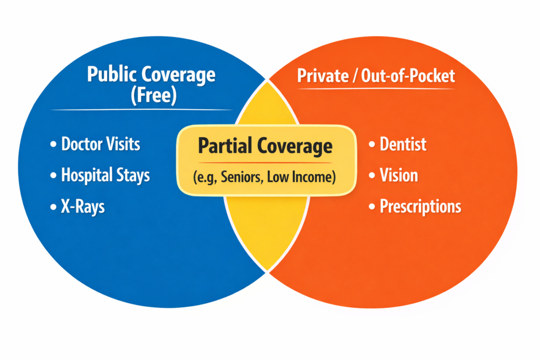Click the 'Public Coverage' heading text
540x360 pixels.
pyautogui.click(x=151, y=75)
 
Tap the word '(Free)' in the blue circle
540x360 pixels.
pyautogui.click(x=151, y=96)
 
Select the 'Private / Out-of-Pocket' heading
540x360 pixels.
pyautogui.click(x=376, y=76)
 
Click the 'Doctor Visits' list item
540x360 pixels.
pyautogui.click(x=101, y=144)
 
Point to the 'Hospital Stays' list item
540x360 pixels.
pyautogui.click(x=105, y=175)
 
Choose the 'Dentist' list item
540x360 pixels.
pyautogui.click(x=403, y=144)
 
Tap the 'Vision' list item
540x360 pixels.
pyautogui.click(x=399, y=175)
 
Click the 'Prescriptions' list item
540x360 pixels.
pyautogui.click(x=420, y=206)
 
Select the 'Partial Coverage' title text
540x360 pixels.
pyautogui.click(x=265, y=146)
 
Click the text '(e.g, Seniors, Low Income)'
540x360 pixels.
pyautogui.click(x=265, y=178)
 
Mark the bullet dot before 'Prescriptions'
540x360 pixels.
pyautogui.click(x=372, y=207)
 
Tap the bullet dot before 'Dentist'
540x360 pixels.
pyautogui.click(x=372, y=144)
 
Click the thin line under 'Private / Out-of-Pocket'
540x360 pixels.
pyautogui.click(x=376, y=88)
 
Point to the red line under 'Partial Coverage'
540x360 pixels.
pyautogui.click(x=265, y=162)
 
